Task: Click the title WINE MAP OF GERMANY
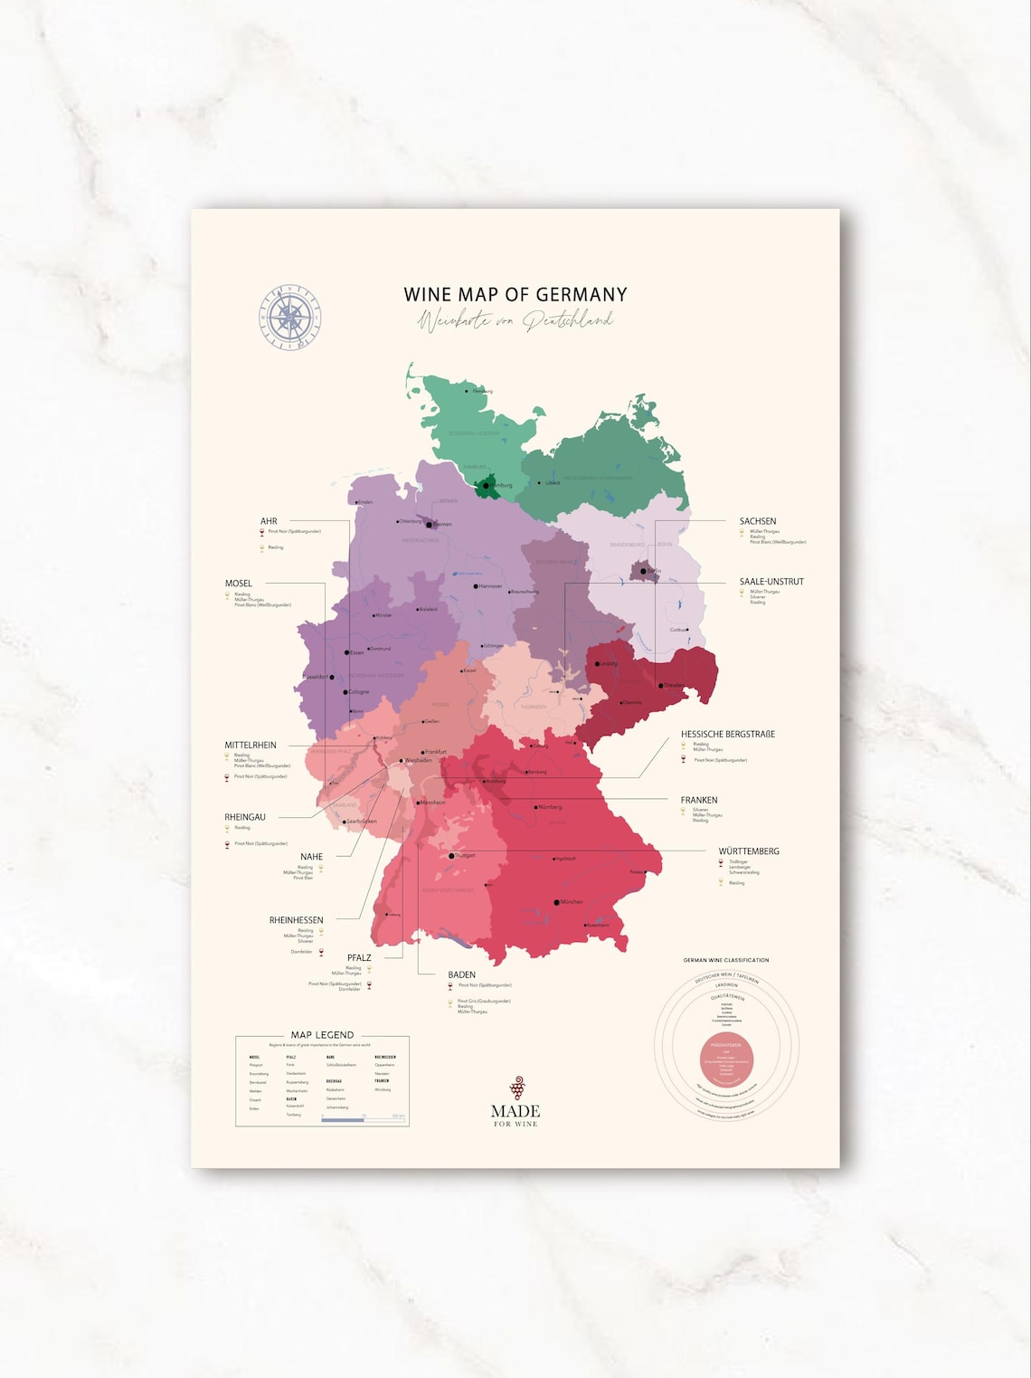click(x=515, y=294)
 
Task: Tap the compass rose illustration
click(x=289, y=317)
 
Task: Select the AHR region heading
click(x=269, y=521)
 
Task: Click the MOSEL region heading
click(x=239, y=584)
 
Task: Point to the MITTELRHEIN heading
click(x=251, y=746)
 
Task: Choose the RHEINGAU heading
click(x=245, y=817)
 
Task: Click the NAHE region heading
click(x=311, y=857)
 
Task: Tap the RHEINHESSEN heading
click(x=296, y=920)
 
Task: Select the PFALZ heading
click(x=359, y=957)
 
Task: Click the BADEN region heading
click(x=461, y=974)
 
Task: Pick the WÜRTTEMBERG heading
click(x=749, y=851)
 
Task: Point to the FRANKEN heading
click(x=699, y=800)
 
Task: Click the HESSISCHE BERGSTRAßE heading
click(x=728, y=734)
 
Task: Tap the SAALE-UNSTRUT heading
click(x=771, y=582)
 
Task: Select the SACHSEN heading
click(x=758, y=521)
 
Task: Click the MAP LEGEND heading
click(x=322, y=1034)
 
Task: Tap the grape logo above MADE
click(x=517, y=1087)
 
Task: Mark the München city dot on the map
click(x=556, y=902)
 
